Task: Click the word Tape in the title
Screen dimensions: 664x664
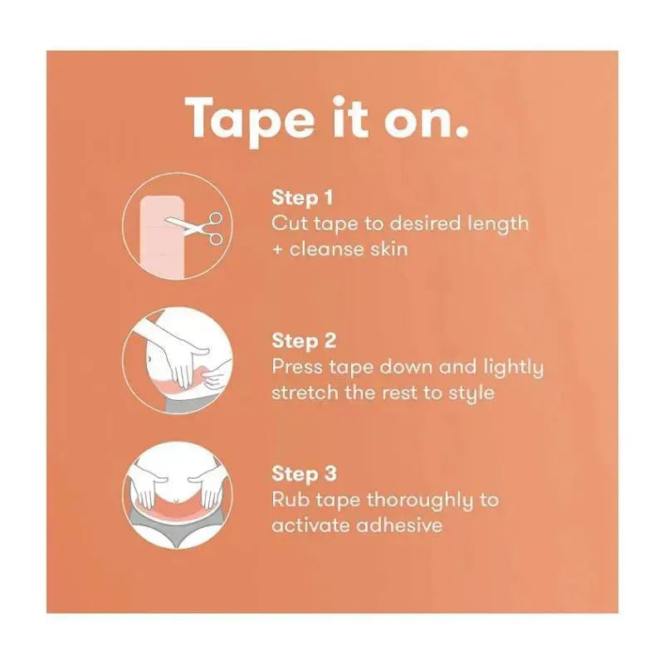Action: coord(251,121)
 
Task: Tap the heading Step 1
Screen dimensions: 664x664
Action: coord(302,198)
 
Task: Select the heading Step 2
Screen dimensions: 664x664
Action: coord(304,341)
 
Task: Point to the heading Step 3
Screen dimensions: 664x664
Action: coord(304,474)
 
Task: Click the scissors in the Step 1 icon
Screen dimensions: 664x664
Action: coord(196,227)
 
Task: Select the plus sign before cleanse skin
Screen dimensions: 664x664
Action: coord(277,250)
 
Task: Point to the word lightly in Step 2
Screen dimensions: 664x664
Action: coord(513,368)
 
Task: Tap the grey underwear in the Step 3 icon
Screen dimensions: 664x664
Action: coord(177,526)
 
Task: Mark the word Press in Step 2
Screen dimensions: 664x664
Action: coord(297,367)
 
